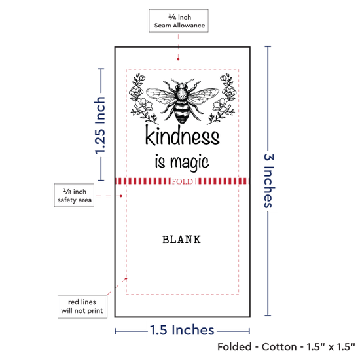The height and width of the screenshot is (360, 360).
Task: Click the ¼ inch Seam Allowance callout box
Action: click(x=179, y=21)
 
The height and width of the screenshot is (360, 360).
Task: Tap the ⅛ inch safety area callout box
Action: click(x=74, y=195)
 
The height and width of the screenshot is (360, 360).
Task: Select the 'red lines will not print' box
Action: click(x=82, y=306)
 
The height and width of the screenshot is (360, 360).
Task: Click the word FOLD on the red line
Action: click(x=183, y=181)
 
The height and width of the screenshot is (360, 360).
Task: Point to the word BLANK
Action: click(x=181, y=240)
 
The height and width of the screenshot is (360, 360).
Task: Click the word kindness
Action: click(x=183, y=135)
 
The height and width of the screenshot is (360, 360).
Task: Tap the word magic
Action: click(x=189, y=162)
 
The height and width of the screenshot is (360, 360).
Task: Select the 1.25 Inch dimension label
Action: click(x=100, y=126)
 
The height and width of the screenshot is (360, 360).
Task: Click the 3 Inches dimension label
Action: click(x=269, y=181)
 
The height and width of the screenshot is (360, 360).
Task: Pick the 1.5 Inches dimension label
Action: click(x=182, y=330)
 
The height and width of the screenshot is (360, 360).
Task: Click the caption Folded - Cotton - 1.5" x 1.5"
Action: click(x=286, y=347)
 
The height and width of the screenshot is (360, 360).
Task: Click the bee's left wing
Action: click(x=162, y=96)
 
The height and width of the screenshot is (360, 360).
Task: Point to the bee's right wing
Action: click(x=203, y=96)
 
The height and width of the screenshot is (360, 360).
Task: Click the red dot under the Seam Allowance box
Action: click(x=178, y=59)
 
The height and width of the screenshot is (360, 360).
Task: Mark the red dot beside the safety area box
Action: click(x=121, y=196)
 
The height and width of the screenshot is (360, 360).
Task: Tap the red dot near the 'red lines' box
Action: click(x=126, y=279)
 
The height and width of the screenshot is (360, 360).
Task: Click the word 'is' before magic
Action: click(x=160, y=161)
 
